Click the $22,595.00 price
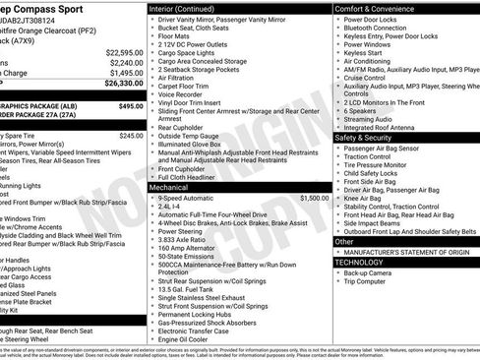coord(124,52)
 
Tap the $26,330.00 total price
coord(124,85)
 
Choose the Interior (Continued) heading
coord(190,8)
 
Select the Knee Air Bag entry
coord(367,198)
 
